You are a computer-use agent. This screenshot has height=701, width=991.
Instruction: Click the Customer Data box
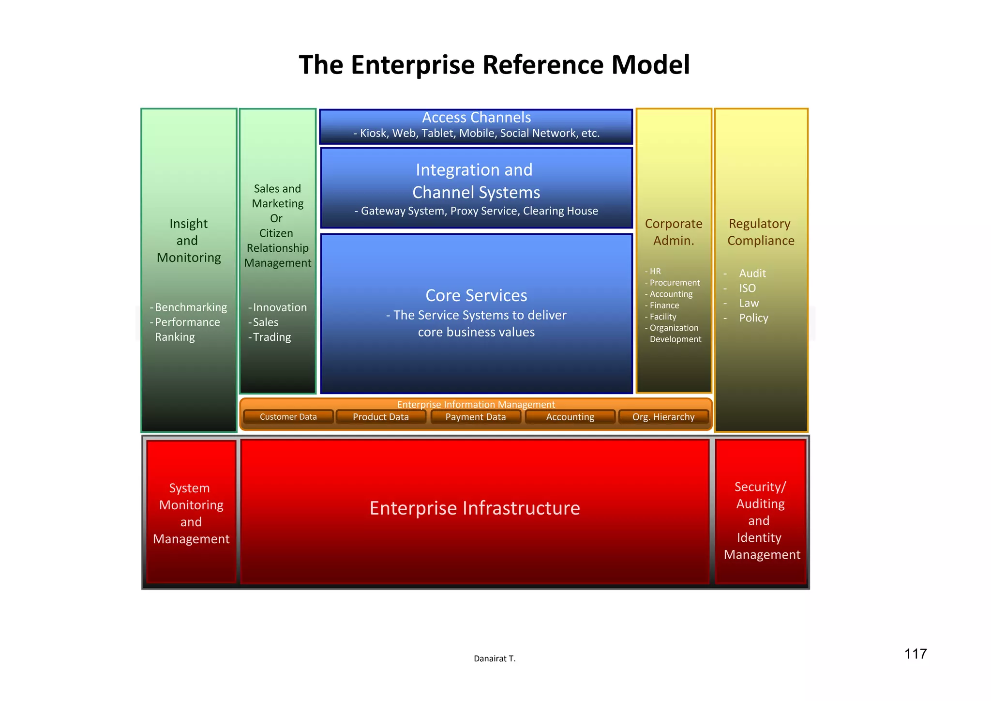[x=288, y=417]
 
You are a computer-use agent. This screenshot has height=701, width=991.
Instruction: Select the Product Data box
[x=381, y=417]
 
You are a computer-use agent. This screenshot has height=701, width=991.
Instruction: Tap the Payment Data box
[x=475, y=417]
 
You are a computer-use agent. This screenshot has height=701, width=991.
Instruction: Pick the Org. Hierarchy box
[x=663, y=417]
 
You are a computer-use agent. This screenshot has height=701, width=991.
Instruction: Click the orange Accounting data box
[x=570, y=417]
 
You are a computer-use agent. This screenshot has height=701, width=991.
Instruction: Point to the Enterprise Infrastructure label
[x=475, y=508]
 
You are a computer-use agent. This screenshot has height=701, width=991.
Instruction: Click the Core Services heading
[x=476, y=295]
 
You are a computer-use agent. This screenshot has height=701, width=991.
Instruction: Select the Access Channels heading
[x=476, y=118]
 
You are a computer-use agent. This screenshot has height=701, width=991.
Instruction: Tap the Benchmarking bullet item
[x=191, y=307]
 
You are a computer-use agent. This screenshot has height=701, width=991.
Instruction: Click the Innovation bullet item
[x=280, y=307]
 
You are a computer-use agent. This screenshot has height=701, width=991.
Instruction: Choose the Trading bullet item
[x=272, y=337]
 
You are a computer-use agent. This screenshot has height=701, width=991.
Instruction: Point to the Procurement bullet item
[x=675, y=283]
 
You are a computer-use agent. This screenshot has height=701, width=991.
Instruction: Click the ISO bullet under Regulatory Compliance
[x=747, y=288]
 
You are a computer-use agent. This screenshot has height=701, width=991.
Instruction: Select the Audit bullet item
[x=752, y=274]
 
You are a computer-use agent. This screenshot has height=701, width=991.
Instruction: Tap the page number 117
[x=916, y=654]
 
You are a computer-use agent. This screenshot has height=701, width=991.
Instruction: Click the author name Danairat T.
[x=495, y=658]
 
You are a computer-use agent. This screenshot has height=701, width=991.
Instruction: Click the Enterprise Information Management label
[x=476, y=404]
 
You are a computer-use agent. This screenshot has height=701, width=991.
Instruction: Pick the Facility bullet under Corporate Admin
[x=663, y=317]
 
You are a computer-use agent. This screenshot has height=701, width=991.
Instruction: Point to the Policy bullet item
[x=753, y=318]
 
